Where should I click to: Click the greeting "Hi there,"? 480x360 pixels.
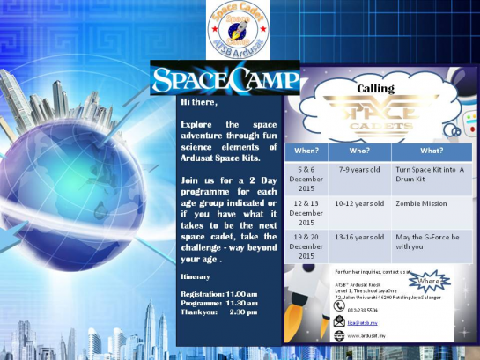198,102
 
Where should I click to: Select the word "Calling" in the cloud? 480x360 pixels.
374,90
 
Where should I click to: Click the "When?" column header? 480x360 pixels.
306,150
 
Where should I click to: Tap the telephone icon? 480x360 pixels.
339,307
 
